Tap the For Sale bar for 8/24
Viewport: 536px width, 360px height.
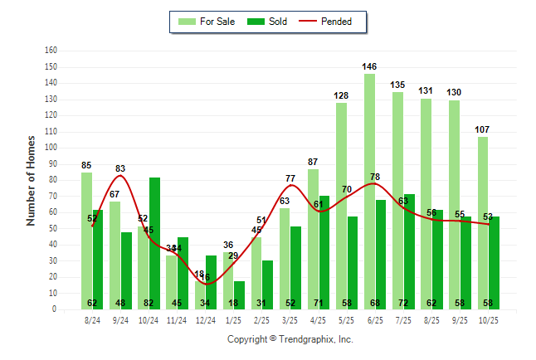[x=87, y=241]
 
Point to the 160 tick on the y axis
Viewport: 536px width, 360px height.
[x=51, y=51]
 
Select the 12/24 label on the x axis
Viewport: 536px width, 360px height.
[x=206, y=319]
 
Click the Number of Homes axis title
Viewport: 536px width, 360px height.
[x=32, y=180]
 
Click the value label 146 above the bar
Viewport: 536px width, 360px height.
[x=370, y=66]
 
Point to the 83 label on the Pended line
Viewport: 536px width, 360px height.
[x=120, y=168]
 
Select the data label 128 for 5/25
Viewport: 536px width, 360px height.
[x=342, y=95]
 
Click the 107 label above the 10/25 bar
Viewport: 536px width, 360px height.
[x=483, y=129]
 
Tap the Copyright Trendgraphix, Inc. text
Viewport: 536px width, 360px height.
[x=290, y=339]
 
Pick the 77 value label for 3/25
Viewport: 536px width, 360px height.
[x=290, y=178]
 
